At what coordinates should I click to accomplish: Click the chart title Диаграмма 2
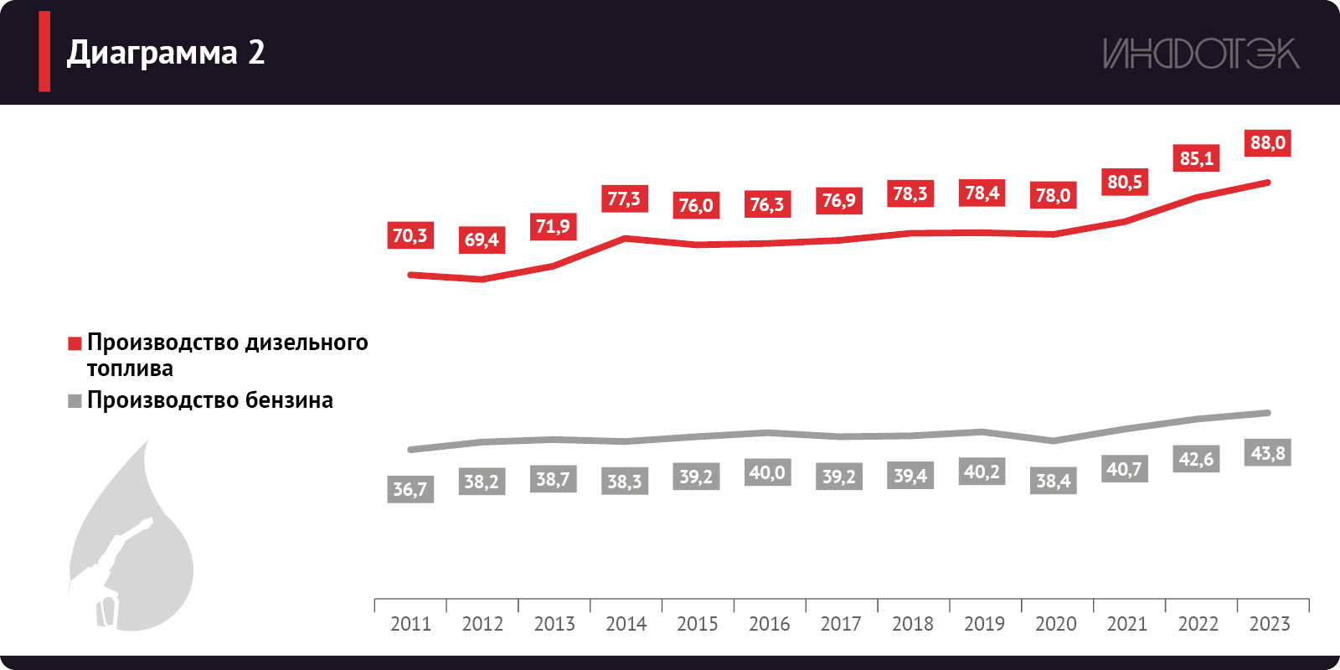tap(166, 53)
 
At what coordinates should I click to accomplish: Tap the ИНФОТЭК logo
tap(1200, 54)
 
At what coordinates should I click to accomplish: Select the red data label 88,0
tap(1267, 143)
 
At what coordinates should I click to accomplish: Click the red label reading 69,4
tap(482, 240)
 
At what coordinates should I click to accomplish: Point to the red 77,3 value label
tap(624, 199)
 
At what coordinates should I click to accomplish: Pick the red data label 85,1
tap(1196, 158)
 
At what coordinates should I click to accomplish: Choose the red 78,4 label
tap(982, 193)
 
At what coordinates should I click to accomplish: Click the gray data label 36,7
tap(410, 489)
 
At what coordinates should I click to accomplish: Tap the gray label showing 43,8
tap(1267, 453)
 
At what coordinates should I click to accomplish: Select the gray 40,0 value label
tap(767, 472)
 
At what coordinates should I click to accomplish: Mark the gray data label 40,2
tap(982, 472)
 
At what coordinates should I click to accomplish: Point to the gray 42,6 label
tap(1196, 459)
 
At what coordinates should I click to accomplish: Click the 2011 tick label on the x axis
tap(410, 624)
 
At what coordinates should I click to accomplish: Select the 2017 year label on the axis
tap(841, 624)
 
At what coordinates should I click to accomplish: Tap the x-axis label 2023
tap(1270, 624)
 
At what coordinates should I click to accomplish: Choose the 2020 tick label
tap(1055, 624)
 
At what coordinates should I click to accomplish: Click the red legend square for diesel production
tap(75, 343)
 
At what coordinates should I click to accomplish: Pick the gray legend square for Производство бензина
tap(75, 401)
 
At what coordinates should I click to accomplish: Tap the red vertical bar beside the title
tap(44, 52)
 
